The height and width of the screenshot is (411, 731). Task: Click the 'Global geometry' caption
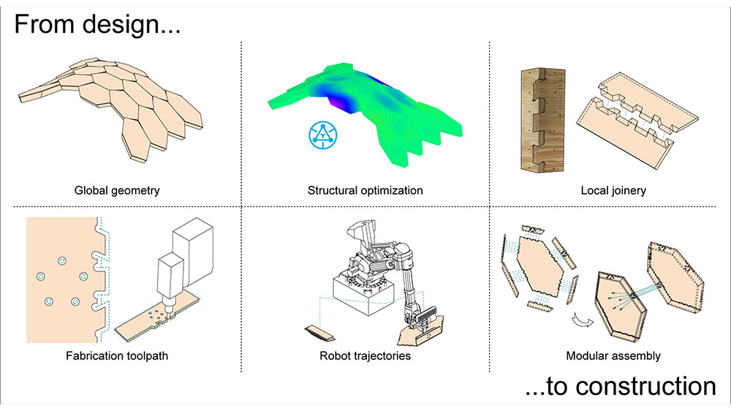[x=117, y=190]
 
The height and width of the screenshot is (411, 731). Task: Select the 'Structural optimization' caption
[x=365, y=190]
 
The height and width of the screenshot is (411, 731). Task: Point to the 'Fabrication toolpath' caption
[x=117, y=356]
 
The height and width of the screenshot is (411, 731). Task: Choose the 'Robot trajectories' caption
[x=365, y=356]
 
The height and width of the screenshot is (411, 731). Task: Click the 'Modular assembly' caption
[x=613, y=356]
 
